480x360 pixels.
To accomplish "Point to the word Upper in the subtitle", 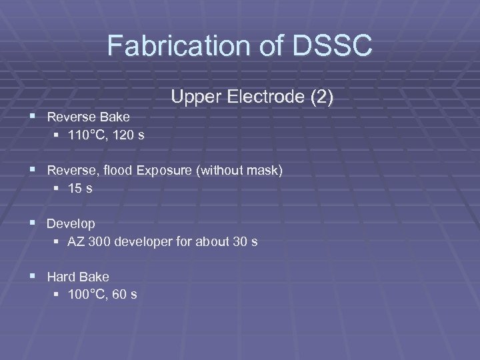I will [x=195, y=97].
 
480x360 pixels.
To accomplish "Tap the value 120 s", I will [x=130, y=135].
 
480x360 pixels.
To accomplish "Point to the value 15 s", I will [x=80, y=189].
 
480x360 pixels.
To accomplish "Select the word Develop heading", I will [x=71, y=223].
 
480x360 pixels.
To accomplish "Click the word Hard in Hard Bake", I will [x=60, y=276].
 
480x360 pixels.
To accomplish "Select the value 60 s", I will [x=126, y=294].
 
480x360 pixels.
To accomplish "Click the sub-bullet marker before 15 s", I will [x=57, y=189].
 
